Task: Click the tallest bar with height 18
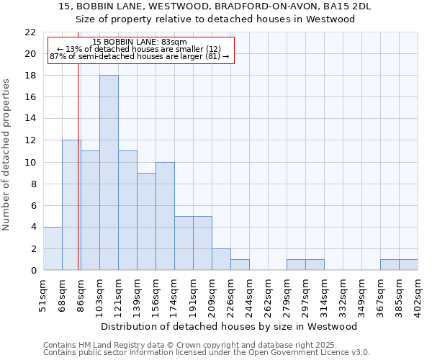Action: coord(109,173)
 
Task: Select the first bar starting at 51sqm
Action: coord(53,248)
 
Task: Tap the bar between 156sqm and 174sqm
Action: coord(165,216)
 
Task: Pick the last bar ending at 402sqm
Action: coord(408,265)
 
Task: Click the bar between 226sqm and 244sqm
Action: coord(240,265)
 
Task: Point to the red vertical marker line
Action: coord(78,180)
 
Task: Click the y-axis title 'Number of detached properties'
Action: coord(6,155)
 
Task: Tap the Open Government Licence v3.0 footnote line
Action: coord(207,353)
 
